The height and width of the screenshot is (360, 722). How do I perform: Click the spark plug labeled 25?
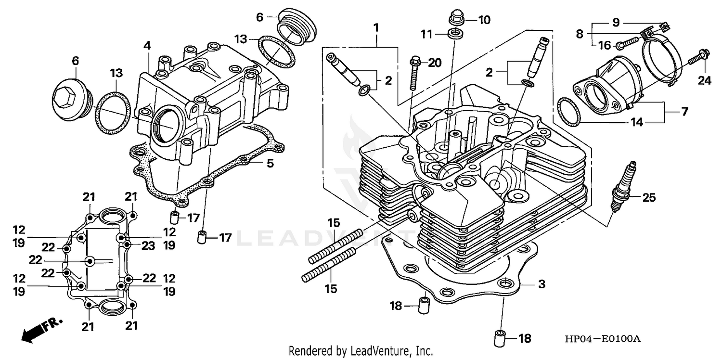coord(623,188)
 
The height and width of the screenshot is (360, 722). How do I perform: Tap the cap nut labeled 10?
coord(455,18)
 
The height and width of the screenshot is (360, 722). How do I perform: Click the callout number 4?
coord(147,46)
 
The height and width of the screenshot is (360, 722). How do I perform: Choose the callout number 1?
coord(375,27)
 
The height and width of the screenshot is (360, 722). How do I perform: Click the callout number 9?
coord(616,22)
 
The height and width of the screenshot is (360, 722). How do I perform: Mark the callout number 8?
coord(579,34)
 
